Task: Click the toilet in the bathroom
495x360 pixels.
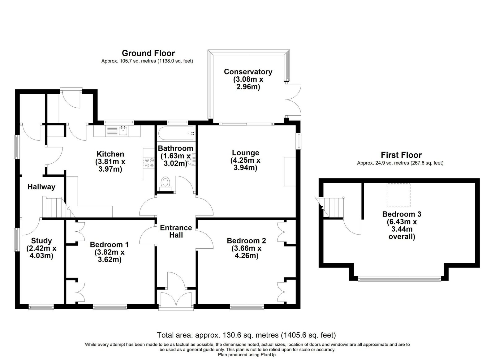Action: point(165,184)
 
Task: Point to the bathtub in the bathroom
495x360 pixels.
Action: point(176,133)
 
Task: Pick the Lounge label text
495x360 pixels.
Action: point(245,152)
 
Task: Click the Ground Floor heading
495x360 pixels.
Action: point(148,53)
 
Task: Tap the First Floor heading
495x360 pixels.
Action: point(401,155)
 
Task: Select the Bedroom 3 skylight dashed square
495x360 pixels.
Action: point(398,195)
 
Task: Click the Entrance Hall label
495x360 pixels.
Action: point(176,231)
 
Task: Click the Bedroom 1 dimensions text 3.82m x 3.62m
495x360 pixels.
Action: point(110,256)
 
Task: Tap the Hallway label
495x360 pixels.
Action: point(41,187)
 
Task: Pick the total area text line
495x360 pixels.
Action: point(246,335)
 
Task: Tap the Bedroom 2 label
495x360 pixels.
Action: point(246,241)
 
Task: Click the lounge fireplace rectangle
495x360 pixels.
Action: point(290,171)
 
